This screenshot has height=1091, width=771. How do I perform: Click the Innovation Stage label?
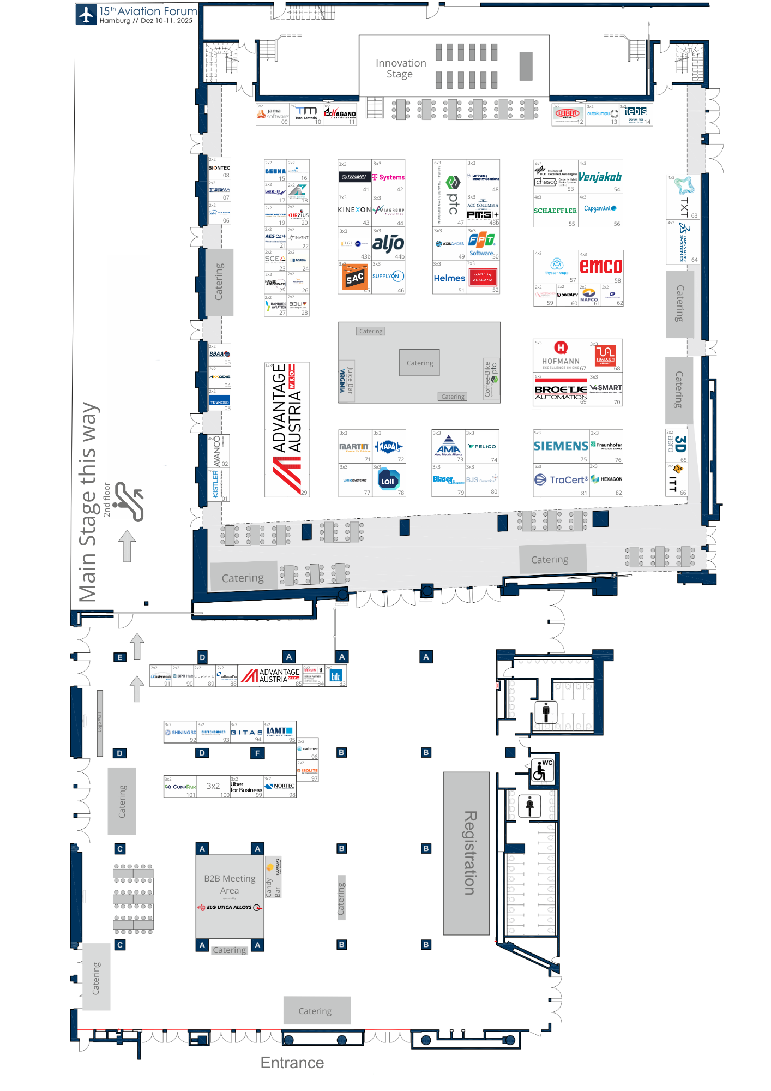[x=401, y=69]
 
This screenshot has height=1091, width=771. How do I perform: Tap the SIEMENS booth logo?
[x=561, y=446]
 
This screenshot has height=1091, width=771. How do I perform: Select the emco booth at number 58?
[x=600, y=266]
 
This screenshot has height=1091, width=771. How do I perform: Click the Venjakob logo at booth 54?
[x=600, y=177]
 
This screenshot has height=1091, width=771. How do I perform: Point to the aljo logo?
[x=388, y=243]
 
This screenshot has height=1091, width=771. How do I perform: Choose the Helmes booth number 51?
[x=449, y=278]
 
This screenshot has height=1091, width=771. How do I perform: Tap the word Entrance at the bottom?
[x=292, y=1063]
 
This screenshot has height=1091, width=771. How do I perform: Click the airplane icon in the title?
[x=86, y=14]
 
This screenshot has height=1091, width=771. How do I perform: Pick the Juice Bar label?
[x=350, y=381]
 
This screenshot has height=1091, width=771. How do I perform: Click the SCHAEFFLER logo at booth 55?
[x=555, y=211]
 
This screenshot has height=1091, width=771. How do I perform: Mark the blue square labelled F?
[x=257, y=753]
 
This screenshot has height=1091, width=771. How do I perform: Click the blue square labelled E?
[x=120, y=657]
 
